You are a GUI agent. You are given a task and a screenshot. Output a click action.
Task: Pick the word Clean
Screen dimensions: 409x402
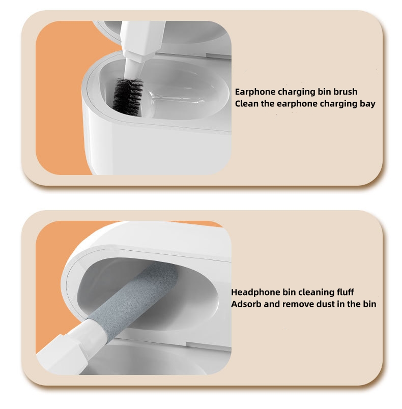pyautogui.click(x=246, y=104)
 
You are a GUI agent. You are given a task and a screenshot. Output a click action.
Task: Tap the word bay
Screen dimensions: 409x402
pyautogui.click(x=366, y=104)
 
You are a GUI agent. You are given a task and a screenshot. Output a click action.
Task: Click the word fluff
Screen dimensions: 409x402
pyautogui.click(x=343, y=293)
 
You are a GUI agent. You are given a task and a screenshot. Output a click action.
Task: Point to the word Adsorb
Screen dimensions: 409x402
pyautogui.click(x=246, y=304)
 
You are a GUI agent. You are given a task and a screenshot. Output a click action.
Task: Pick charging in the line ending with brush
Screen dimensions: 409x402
pyautogui.click(x=294, y=92)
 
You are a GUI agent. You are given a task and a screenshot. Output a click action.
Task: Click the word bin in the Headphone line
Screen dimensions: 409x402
pyautogui.click(x=284, y=293)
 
